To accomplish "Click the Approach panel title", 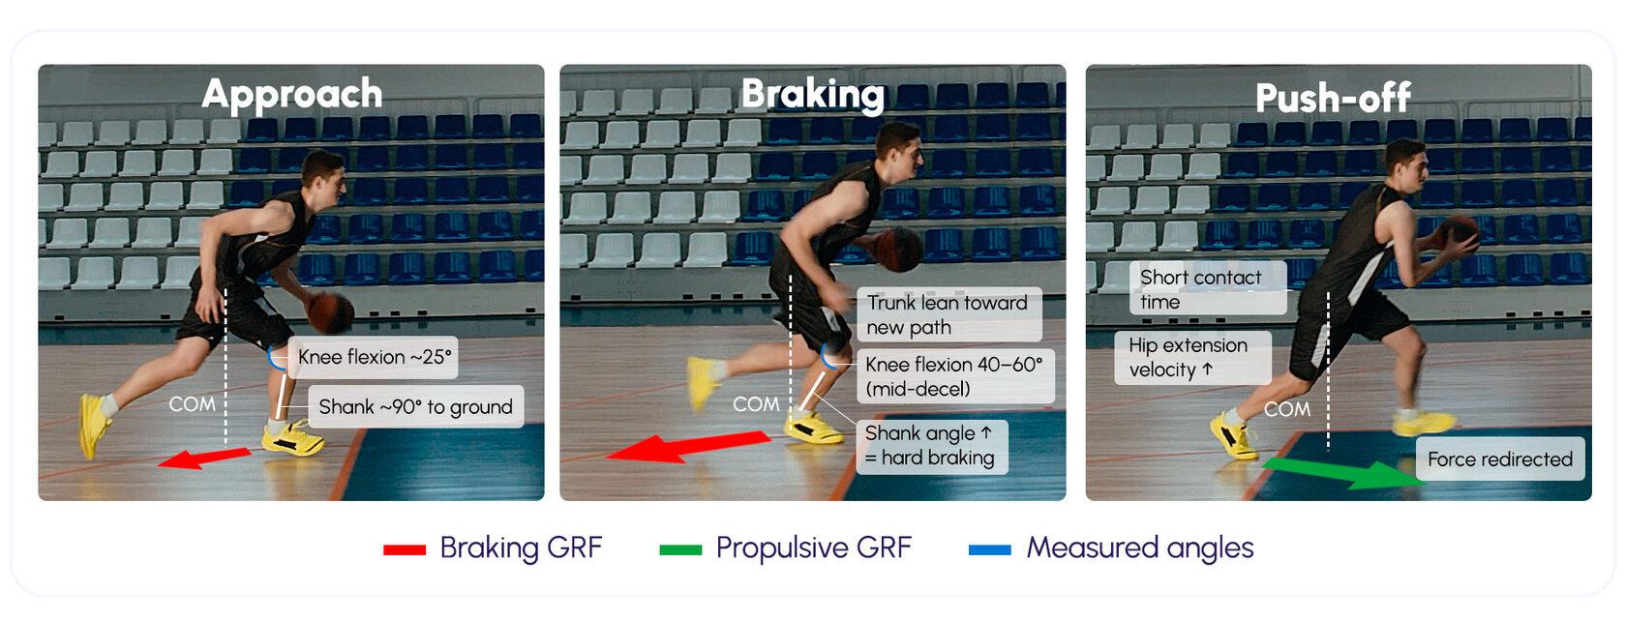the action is pos(292,95).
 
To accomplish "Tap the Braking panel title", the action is pos(813,95).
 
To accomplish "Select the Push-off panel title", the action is pos(1333,98).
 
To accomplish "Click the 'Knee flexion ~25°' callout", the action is pos(374,357).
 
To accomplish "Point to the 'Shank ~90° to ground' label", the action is pos(416,406).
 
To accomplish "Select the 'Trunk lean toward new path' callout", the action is pos(949,315).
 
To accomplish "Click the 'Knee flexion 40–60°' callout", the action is pos(955,376).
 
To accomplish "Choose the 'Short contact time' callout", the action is pos(1208,288).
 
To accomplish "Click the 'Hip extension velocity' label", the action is pos(1192,357).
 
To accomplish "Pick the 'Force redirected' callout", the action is pos(1500,459).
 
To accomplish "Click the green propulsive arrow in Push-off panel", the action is pos(1342,472).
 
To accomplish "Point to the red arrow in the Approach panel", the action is pos(204,459).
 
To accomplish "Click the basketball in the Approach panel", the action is pos(330,312).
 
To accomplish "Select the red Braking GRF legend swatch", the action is pos(405,549).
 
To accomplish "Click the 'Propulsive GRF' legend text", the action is pos(814,548).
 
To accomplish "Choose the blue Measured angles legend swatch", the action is pos(990,549).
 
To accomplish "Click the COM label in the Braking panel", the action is pos(756,404).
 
